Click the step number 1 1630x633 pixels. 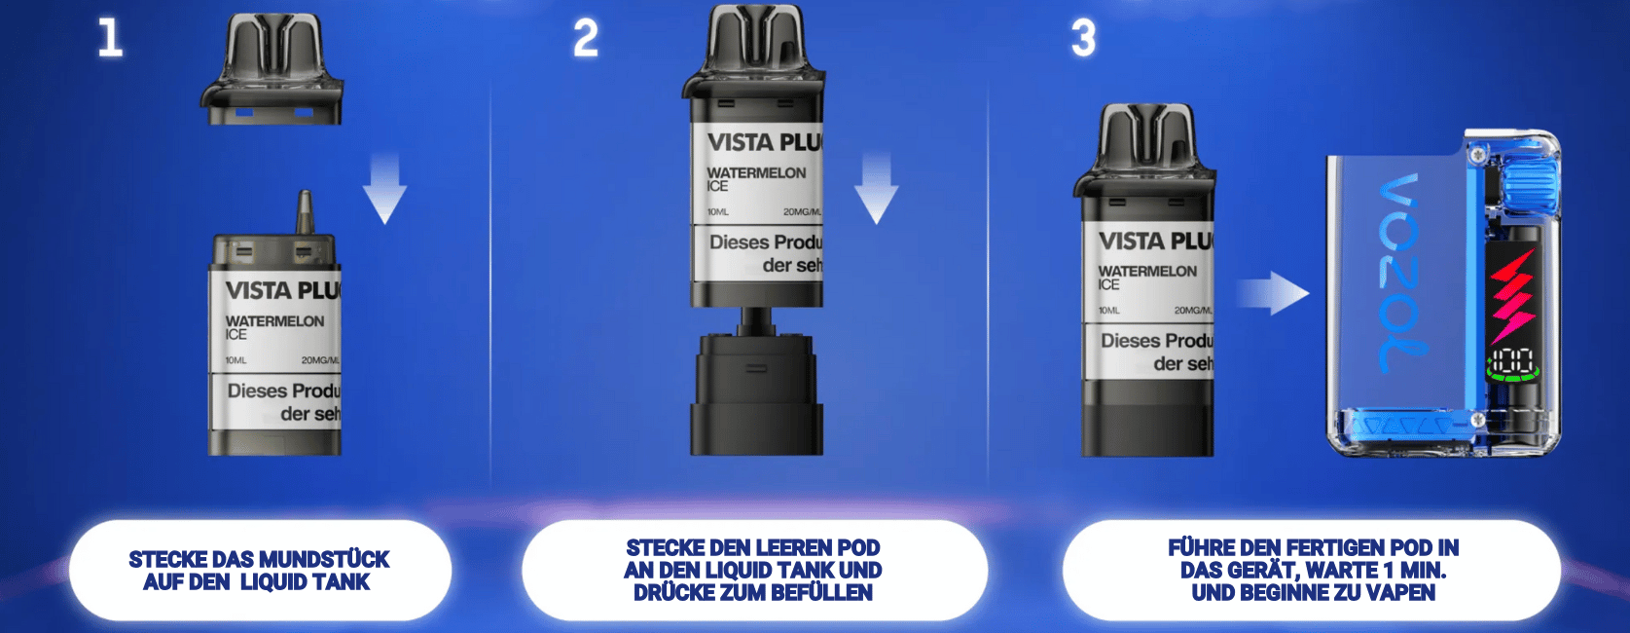click(x=110, y=38)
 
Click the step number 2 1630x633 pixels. click(x=585, y=38)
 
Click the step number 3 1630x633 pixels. click(x=1083, y=38)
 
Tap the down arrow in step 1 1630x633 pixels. click(x=385, y=190)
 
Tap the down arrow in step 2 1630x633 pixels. click(x=876, y=190)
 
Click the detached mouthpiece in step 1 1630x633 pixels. click(x=273, y=73)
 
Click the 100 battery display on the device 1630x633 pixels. click(x=1512, y=359)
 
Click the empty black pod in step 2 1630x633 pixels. click(x=756, y=390)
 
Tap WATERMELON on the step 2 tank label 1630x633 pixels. click(x=756, y=172)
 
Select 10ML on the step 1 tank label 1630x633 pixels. click(x=235, y=360)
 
